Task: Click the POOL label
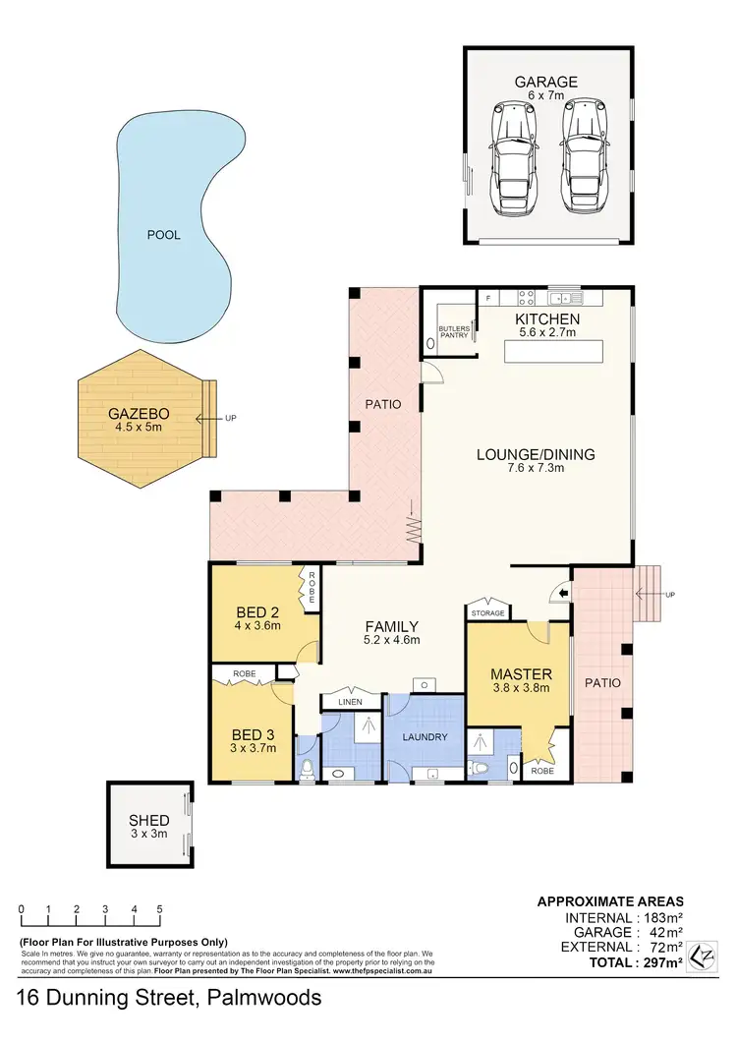(163, 236)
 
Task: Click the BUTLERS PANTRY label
(453, 330)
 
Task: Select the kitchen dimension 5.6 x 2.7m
(547, 334)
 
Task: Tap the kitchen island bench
(554, 353)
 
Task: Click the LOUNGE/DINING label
(537, 454)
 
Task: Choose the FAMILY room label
(392, 626)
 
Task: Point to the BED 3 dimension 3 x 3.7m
(253, 748)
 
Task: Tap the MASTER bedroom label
(521, 674)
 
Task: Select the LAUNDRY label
(425, 736)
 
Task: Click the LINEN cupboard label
(349, 700)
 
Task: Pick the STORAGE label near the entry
(488, 613)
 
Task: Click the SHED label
(149, 820)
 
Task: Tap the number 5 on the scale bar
(159, 909)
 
